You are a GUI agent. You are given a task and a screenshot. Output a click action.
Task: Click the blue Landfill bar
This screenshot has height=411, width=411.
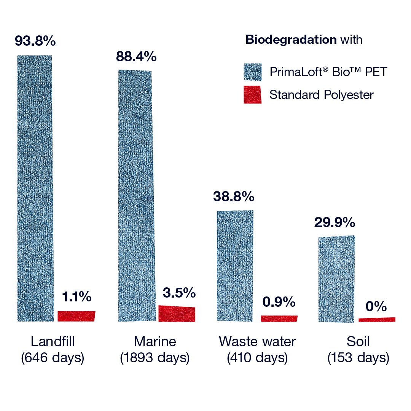35,188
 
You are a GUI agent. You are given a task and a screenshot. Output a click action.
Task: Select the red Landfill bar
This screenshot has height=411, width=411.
76,316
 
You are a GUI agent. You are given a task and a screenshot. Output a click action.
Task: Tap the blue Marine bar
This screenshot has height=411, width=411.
137,196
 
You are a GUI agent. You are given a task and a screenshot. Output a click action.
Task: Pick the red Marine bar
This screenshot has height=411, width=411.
177,314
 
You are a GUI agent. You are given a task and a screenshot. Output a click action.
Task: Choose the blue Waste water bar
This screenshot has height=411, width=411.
235,266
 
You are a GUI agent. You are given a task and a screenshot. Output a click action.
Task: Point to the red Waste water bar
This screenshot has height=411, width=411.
279,319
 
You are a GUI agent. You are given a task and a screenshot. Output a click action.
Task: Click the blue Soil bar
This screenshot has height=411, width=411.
336,279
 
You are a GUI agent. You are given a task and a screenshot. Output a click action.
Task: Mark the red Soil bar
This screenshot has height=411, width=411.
377,320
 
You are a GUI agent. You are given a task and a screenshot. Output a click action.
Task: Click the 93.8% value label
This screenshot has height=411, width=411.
35,41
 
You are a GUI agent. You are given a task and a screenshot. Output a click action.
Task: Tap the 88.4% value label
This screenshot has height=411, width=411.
136,56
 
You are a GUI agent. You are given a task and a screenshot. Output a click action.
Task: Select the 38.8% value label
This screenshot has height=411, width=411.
234,196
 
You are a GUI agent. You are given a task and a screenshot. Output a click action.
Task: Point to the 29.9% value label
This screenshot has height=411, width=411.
335,222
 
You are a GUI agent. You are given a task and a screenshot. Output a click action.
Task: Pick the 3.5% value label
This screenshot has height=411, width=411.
179,293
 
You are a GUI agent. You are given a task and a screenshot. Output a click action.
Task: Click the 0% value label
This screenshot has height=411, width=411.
376,306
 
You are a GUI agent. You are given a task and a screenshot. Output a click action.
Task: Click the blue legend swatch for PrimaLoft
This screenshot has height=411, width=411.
252,72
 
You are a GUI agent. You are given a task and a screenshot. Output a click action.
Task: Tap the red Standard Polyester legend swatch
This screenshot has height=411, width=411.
252,95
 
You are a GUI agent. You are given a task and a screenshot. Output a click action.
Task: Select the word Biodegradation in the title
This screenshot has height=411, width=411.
291,40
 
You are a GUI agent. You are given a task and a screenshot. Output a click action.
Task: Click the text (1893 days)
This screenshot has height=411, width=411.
155,357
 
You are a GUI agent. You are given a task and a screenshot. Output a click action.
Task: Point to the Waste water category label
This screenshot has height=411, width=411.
257,341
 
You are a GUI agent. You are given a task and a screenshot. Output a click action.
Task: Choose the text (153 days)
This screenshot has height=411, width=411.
358,357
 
